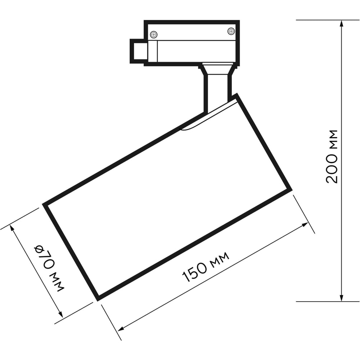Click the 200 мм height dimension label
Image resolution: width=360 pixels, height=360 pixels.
(x=332, y=157)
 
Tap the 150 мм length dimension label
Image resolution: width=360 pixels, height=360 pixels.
(x=206, y=266)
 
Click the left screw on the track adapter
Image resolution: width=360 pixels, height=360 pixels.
(x=154, y=35)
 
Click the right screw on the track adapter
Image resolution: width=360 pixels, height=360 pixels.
(x=231, y=31)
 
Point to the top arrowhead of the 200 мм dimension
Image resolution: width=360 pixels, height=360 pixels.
(x=342, y=24)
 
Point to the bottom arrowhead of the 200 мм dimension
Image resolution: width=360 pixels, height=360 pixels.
(x=342, y=297)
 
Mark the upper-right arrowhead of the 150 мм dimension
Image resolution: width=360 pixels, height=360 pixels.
(x=305, y=225)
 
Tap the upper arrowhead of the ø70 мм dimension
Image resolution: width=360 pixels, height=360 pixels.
(x=12, y=229)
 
